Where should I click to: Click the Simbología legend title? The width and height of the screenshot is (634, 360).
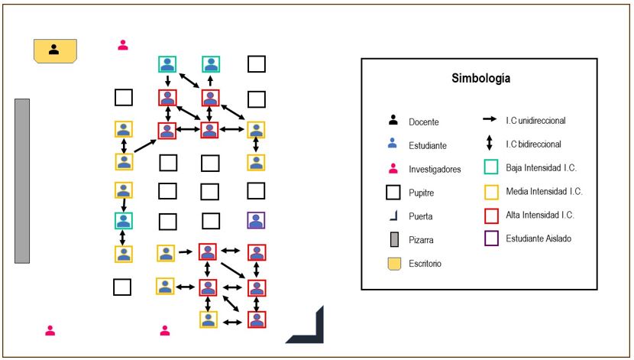[x=480, y=78]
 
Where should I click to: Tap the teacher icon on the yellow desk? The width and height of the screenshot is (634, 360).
[x=53, y=50]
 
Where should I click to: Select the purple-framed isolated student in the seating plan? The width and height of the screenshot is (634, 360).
[x=256, y=220]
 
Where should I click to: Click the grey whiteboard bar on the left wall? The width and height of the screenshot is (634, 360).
[x=22, y=181]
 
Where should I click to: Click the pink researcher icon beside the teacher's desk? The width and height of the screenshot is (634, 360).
[x=123, y=45]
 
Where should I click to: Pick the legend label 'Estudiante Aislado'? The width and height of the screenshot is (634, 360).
[x=539, y=238]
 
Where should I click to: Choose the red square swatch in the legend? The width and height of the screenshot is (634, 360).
[x=491, y=216]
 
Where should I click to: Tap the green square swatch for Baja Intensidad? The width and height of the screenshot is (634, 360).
[x=491, y=167]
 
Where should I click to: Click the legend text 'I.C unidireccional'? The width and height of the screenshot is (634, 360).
[x=535, y=120]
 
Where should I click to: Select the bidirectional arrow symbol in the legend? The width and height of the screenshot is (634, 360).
[x=489, y=143]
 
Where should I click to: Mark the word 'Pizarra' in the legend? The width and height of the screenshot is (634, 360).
[x=421, y=240]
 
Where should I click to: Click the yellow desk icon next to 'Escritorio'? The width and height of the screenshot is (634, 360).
[x=394, y=264]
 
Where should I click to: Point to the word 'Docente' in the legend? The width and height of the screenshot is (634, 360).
[x=424, y=122]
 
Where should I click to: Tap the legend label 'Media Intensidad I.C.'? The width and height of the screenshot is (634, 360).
[x=544, y=191]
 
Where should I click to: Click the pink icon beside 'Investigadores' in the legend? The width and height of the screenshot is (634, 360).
[x=393, y=168]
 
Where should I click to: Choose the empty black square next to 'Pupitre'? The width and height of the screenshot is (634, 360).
[x=393, y=193]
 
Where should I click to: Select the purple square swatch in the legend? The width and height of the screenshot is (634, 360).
[x=491, y=238]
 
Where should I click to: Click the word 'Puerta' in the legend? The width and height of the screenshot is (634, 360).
[x=421, y=216]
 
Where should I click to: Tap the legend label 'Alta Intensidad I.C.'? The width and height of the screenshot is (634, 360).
[x=540, y=215]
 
